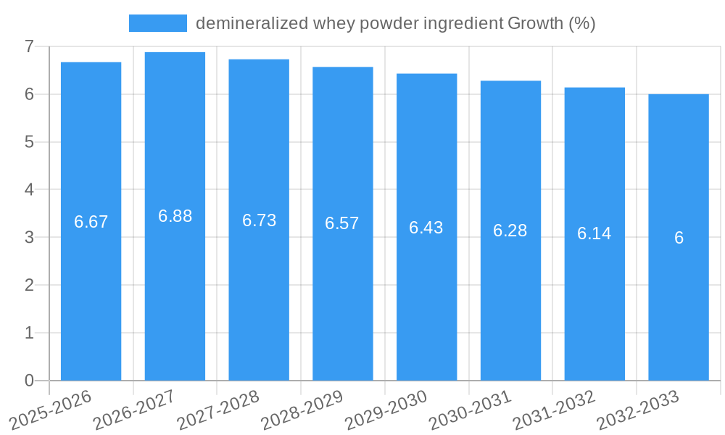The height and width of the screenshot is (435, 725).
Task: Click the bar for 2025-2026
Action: [91, 290]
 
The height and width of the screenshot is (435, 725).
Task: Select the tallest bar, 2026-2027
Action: [175, 290]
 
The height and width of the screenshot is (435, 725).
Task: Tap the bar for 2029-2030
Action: [426, 304]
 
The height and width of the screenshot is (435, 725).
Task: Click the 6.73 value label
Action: [259, 220]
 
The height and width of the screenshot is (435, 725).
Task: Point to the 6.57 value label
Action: [342, 223]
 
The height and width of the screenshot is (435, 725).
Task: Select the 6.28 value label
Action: [510, 231]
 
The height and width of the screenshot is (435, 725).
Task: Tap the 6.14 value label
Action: [594, 233]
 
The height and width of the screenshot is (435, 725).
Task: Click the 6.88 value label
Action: [175, 216]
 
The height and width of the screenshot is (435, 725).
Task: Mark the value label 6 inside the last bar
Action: [679, 238]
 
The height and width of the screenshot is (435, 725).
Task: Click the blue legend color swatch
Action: [157, 23]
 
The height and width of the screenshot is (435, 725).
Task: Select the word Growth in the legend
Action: [535, 23]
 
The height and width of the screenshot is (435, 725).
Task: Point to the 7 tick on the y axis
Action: [29, 46]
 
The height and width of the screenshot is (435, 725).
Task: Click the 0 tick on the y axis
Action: [29, 381]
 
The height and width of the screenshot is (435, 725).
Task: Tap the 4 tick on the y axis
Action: [29, 190]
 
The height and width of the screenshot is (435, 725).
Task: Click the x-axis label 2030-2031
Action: [471, 410]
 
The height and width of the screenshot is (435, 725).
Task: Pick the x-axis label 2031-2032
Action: [555, 410]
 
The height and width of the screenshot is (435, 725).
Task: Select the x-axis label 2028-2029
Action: [302, 410]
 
